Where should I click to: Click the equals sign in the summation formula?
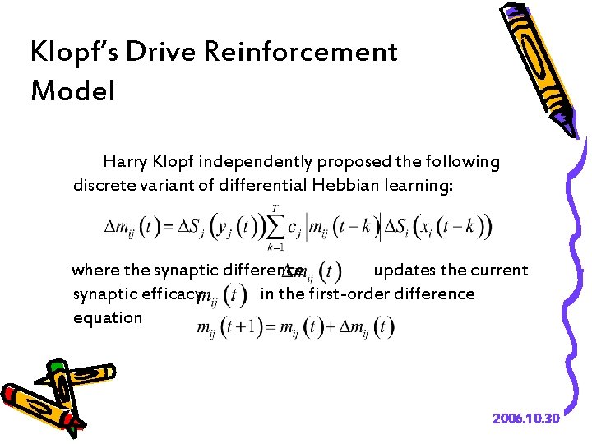(x=171, y=226)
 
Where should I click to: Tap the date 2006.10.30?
(x=526, y=419)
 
